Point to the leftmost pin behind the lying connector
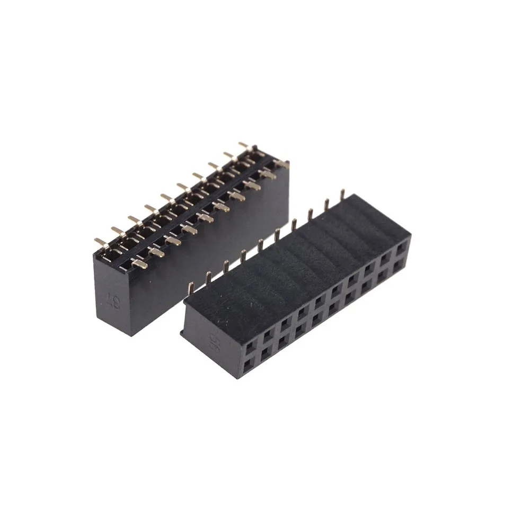point(208,277)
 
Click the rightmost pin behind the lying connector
point(342,193)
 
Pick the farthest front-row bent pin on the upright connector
point(270,172)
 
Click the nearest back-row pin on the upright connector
point(100,242)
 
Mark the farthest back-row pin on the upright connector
point(244,145)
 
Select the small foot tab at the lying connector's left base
point(183,332)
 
